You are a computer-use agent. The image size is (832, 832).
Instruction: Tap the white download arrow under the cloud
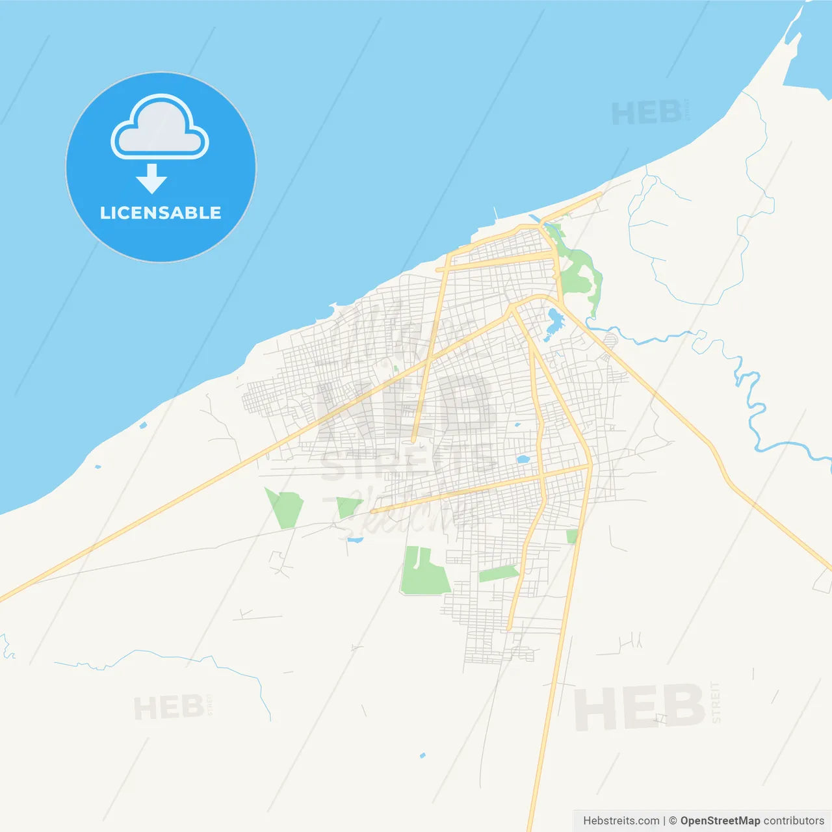point(151,179)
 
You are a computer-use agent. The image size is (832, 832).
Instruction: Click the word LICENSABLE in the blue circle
point(161,213)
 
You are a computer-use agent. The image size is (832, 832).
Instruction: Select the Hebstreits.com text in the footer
point(621,821)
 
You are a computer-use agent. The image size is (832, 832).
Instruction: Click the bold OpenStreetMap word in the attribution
point(720,821)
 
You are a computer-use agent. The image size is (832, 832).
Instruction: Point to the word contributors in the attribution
point(794,821)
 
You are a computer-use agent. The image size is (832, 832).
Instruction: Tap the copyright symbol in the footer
point(673,821)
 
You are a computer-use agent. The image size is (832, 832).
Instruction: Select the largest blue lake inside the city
point(554,322)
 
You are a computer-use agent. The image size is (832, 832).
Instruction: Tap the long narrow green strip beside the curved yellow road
point(498,573)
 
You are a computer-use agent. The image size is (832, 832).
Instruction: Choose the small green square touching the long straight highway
point(572,536)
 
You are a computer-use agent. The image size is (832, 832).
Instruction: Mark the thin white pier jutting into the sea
point(496,213)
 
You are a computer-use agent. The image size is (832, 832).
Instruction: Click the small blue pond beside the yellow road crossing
point(523,460)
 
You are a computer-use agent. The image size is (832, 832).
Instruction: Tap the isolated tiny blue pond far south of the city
point(422,755)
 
